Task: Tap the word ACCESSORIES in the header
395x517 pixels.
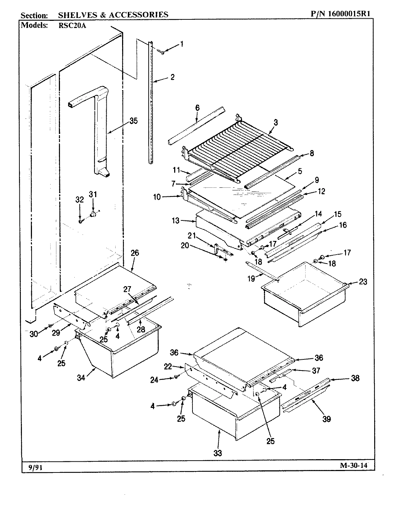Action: [141, 14]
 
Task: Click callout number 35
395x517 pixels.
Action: [133, 121]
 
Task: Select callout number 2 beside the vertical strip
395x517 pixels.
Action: [172, 77]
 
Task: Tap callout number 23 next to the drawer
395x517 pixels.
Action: [363, 281]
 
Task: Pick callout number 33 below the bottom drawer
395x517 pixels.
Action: [218, 453]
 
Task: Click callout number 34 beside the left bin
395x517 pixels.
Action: [82, 377]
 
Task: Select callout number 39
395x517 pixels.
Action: [326, 419]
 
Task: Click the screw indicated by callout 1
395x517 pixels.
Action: [162, 53]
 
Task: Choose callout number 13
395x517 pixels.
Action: [175, 221]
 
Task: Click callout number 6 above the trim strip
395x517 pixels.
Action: [197, 107]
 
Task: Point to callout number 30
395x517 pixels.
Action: [33, 334]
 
